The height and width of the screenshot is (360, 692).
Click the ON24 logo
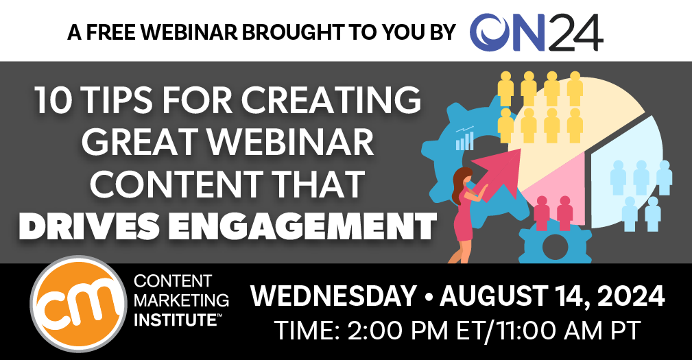coord(536,32)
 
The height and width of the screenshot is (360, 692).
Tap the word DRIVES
coord(88,226)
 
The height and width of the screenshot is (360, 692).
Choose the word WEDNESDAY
coord(333,296)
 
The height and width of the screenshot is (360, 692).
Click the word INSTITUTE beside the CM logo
coord(175,320)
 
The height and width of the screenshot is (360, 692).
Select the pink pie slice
coord(556,191)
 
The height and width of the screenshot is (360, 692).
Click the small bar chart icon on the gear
coord(464,138)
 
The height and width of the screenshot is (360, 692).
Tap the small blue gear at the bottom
coord(554,244)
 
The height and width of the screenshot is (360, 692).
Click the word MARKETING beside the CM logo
coord(181,300)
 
